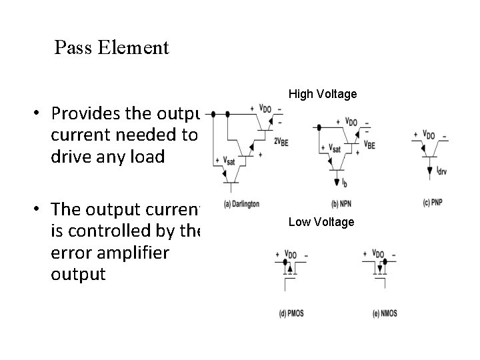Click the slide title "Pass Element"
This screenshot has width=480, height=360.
click(112, 48)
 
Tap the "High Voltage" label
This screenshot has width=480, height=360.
click(323, 95)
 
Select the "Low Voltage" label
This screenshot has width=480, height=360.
click(321, 222)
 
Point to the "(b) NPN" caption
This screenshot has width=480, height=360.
click(341, 203)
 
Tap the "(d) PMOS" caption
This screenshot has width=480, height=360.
click(291, 313)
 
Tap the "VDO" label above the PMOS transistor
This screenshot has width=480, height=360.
click(291, 254)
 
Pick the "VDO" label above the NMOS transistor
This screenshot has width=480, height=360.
click(379, 254)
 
